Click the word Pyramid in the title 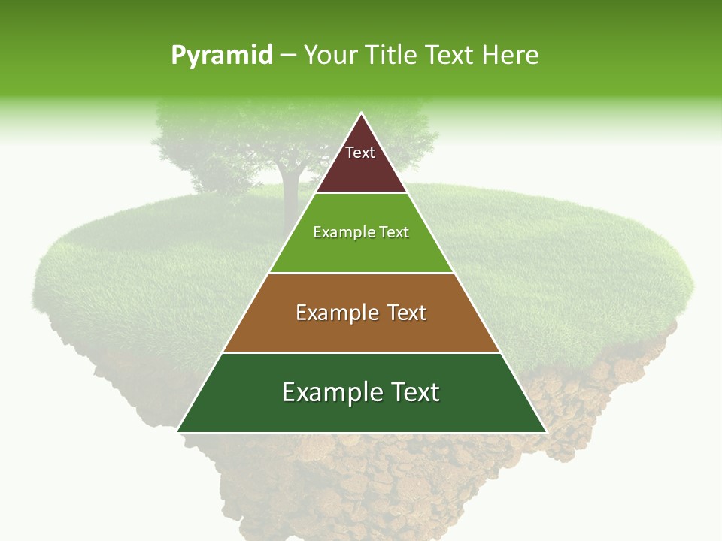[222, 56]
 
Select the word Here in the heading [511, 56]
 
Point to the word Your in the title [329, 56]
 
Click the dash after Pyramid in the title [288, 56]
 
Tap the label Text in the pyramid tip [360, 153]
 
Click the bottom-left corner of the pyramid [177, 432]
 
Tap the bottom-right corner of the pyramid [546, 432]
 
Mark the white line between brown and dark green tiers [361, 352]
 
